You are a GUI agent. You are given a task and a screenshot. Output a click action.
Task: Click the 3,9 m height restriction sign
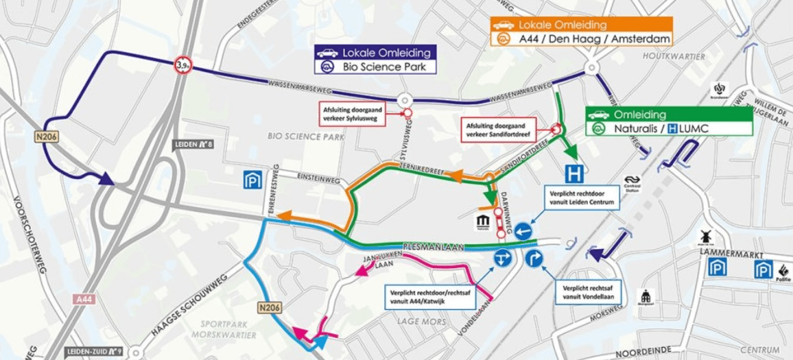182,65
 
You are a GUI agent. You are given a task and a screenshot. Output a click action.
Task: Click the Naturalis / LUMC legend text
669,128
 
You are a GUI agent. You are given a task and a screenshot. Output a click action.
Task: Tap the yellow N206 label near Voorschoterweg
49,138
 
